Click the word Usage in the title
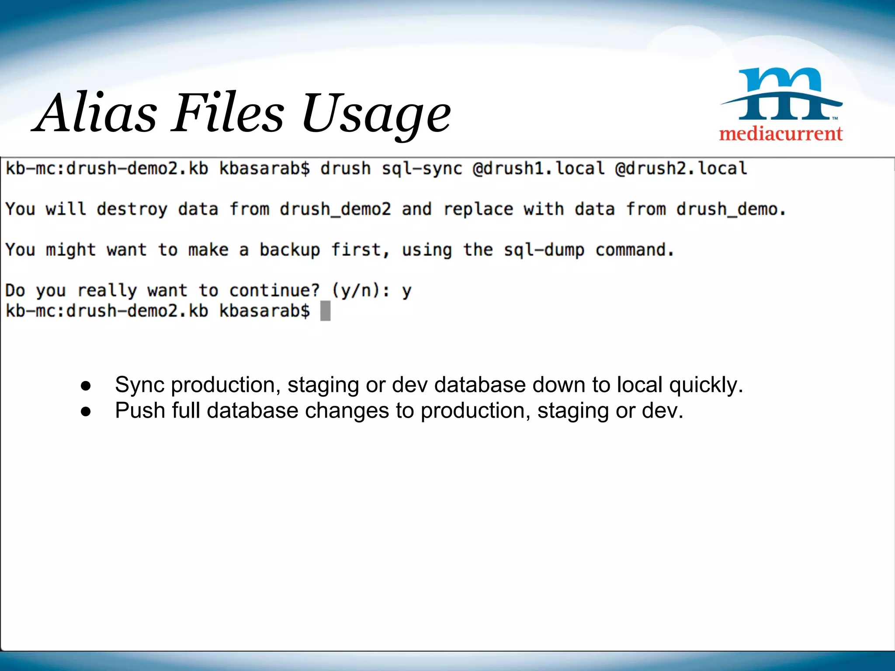point(376,114)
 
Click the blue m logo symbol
point(782,93)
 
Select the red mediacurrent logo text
point(781,133)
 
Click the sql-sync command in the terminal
point(422,169)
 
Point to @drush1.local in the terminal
point(538,169)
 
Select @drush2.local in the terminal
point(681,169)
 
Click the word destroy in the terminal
point(132,209)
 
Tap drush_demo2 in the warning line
point(335,209)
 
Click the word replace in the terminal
point(478,209)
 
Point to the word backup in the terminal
point(289,250)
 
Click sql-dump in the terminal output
point(544,250)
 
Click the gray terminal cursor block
point(325,311)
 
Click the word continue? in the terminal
point(274,291)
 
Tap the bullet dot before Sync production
point(86,386)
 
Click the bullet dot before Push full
point(86,412)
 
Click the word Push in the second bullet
point(140,411)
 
